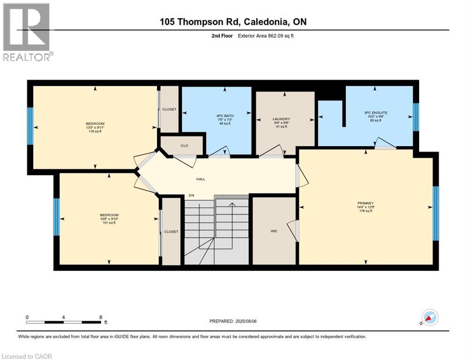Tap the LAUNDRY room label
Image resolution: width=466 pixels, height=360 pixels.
[281, 119]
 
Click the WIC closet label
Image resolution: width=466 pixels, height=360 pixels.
[274, 231]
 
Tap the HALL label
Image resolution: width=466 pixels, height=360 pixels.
[201, 179]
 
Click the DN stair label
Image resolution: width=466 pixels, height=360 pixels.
[191, 195]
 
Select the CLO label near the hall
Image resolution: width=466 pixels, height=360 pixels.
[184, 146]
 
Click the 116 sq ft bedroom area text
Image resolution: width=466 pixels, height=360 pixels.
[95, 132]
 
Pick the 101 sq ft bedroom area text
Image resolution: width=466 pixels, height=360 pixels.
[108, 223]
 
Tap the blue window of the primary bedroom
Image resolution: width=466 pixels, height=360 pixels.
[436, 213]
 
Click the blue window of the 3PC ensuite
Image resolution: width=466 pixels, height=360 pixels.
[415, 117]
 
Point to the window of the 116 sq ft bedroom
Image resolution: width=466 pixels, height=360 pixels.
[30, 126]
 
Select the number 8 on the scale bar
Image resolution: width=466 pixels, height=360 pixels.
[101, 317]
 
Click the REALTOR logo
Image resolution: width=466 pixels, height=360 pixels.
[28, 32]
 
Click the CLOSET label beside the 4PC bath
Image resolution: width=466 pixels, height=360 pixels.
[169, 109]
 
